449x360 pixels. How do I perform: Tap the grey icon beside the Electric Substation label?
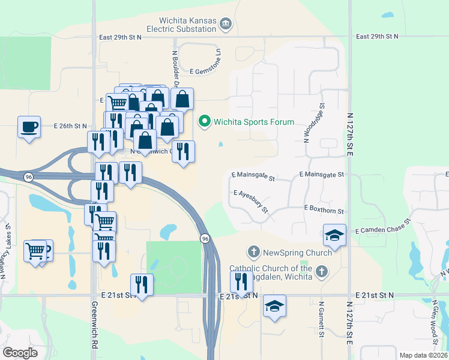click(x=226, y=24)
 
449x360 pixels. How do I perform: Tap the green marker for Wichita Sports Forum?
click(x=205, y=122)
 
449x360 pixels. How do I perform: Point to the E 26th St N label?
click(x=70, y=126)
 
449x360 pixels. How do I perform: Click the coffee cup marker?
click(x=29, y=127)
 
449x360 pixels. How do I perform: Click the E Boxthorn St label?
click(x=324, y=210)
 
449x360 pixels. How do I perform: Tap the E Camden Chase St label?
click(x=382, y=226)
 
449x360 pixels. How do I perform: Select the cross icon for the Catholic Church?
click(x=322, y=272)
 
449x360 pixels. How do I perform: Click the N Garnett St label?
click(x=322, y=319)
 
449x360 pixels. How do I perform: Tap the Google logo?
click(x=20, y=352)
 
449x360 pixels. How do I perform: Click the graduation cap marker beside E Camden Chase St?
click(x=334, y=235)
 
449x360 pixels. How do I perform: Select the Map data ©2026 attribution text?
click(x=423, y=355)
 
